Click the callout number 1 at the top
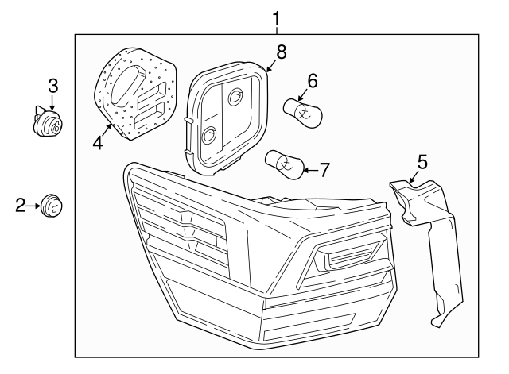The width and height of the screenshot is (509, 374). pos(276,17)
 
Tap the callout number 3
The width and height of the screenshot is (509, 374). pos(52,84)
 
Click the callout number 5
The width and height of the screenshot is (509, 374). pos(422,162)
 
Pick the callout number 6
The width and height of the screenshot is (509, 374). pos(313,80)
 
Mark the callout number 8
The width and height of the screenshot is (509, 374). pos(281,52)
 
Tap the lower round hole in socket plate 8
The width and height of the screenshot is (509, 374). pos(210,133)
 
